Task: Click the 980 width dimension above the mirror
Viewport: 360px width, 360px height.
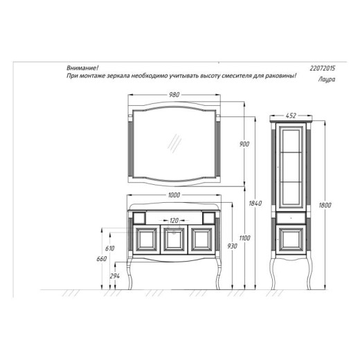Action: coord(174,95)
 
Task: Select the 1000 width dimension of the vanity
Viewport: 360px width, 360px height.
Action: coord(174,195)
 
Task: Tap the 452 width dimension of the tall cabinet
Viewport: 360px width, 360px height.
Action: coord(291,116)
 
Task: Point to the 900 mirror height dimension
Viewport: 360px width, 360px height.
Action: coord(244,144)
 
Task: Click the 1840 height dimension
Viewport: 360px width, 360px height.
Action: coord(255,204)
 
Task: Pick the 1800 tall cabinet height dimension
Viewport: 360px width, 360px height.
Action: coord(325,205)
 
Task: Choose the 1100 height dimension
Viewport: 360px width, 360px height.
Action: coord(244,238)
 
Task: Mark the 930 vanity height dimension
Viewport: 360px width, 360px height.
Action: coord(232,246)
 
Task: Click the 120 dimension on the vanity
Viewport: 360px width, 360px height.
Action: coord(174,221)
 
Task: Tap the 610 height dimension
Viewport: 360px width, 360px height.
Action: coord(109,249)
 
